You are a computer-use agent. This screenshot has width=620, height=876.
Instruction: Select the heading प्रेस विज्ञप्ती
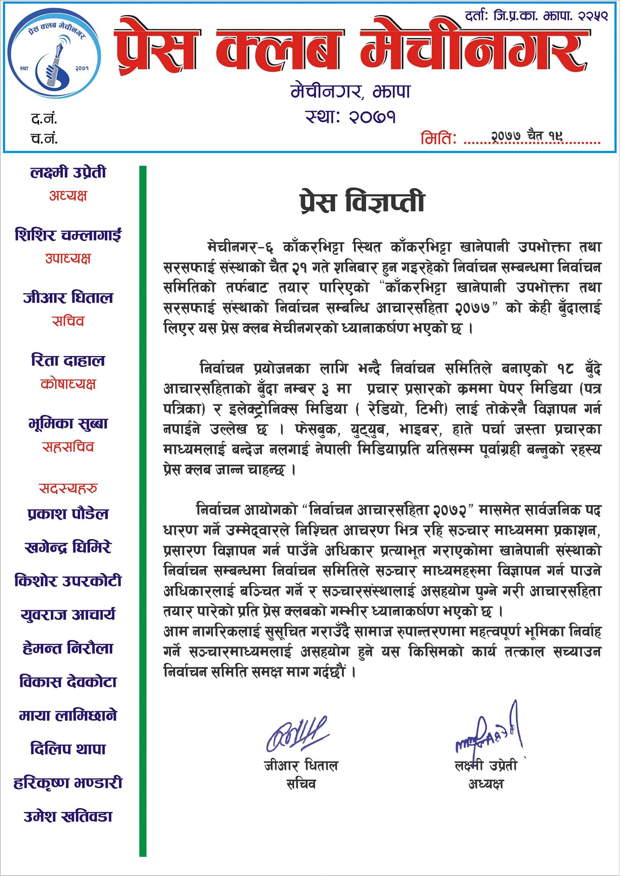pyautogui.click(x=362, y=203)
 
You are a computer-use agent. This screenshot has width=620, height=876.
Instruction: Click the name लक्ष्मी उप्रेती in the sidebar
pyautogui.click(x=68, y=173)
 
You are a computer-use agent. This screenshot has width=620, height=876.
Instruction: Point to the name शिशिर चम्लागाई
pyautogui.click(x=68, y=235)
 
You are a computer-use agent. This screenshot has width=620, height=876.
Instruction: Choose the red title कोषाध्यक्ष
pyautogui.click(x=68, y=384)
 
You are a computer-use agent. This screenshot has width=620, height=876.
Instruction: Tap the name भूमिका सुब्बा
pyautogui.click(x=68, y=423)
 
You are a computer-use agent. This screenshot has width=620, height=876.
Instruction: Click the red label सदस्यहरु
pyautogui.click(x=68, y=488)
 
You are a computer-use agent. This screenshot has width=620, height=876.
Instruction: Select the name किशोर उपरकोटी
pyautogui.click(x=68, y=581)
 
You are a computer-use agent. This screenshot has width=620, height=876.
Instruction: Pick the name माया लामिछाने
pyautogui.click(x=68, y=715)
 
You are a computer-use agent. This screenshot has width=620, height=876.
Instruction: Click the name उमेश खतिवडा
pyautogui.click(x=68, y=816)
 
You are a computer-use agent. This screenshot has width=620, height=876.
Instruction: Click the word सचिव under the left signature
pyautogui.click(x=301, y=784)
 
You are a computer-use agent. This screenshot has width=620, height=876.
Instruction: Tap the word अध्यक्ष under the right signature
pyautogui.click(x=486, y=784)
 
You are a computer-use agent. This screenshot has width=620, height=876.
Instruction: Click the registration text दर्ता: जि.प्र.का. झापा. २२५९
pyautogui.click(x=536, y=17)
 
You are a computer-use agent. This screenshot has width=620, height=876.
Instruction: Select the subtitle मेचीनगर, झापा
pyautogui.click(x=350, y=92)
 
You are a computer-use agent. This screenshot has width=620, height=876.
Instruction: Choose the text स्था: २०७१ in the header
pyautogui.click(x=350, y=117)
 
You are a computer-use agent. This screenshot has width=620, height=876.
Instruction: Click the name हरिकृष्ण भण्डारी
pyautogui.click(x=68, y=783)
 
